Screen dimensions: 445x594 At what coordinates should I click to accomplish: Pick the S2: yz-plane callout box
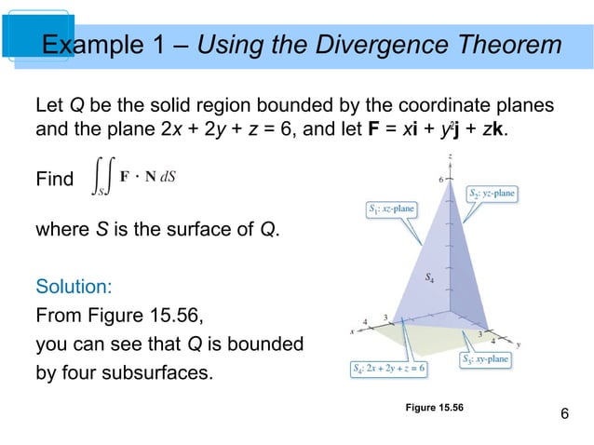tap(492, 194)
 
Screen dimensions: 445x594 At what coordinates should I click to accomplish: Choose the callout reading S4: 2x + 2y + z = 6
tap(389, 369)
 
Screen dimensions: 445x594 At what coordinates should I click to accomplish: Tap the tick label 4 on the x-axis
tap(365, 321)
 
